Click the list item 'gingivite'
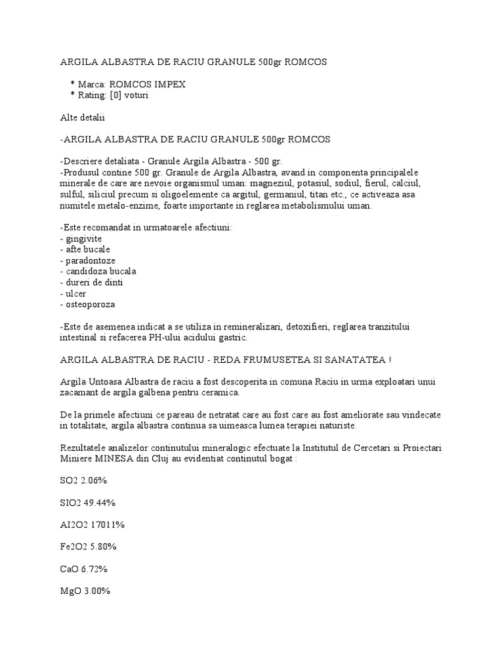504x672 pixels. (x=83, y=238)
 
